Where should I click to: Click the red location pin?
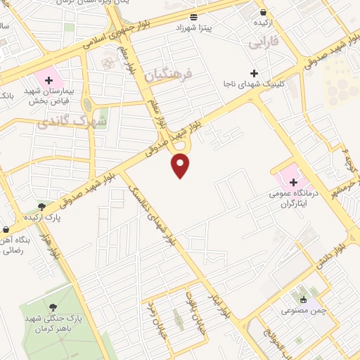coord(181,165)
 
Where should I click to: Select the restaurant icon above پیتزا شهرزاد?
coord(193,15)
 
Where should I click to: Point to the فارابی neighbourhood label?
coord(264,43)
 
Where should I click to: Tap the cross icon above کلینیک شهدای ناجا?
coord(254,73)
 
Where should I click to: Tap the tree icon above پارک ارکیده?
coord(43,206)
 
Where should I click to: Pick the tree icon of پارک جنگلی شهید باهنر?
coord(53,307)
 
